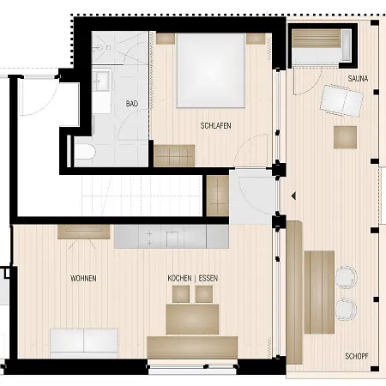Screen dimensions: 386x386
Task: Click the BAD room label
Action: [x=131, y=104]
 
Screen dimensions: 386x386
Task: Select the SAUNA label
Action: [x=358, y=79]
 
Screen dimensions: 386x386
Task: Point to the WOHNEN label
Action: [x=83, y=279]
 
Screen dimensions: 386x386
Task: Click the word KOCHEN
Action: [x=181, y=279]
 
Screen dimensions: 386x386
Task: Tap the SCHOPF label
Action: [x=358, y=354]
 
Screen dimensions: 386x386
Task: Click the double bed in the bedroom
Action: [x=212, y=70]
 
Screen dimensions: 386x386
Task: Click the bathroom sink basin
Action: [x=101, y=81]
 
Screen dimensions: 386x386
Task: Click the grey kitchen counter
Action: [x=171, y=234]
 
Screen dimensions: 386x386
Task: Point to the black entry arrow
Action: [x=293, y=196]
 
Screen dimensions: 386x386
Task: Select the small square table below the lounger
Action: [x=346, y=137]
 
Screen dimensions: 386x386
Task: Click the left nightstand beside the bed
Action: [x=165, y=39]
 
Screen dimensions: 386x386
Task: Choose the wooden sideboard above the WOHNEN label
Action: [x=83, y=232]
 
